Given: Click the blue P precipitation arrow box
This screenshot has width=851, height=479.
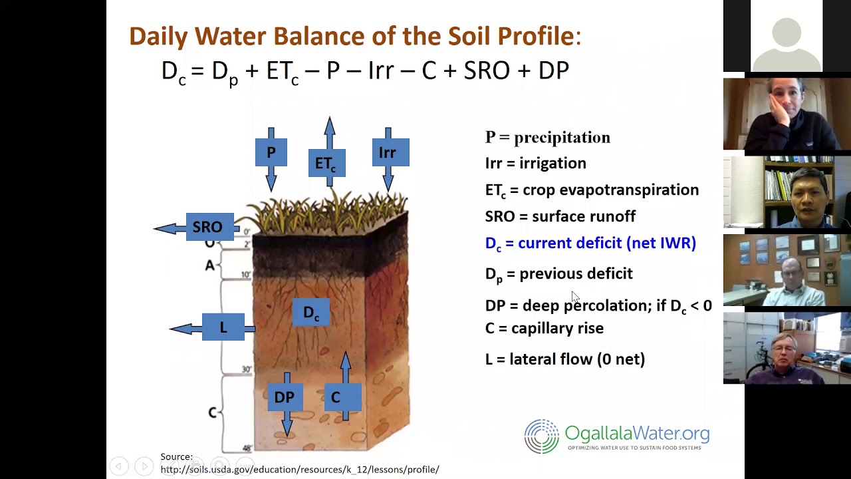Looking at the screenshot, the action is click(x=271, y=153).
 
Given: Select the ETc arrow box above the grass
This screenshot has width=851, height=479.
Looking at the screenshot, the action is click(x=326, y=164).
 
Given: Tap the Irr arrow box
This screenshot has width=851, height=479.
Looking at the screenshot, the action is click(x=388, y=153).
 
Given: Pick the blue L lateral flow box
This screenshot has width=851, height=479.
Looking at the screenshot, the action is click(x=223, y=327).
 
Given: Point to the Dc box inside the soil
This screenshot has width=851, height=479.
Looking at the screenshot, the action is click(x=311, y=313).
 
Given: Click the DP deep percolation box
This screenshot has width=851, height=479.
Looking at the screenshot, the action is click(x=285, y=397).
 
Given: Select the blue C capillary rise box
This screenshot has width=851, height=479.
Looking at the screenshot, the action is click(x=336, y=397).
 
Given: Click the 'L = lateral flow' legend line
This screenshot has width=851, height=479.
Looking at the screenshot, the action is click(x=564, y=359).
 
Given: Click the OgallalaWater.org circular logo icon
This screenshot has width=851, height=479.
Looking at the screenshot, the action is click(x=541, y=436).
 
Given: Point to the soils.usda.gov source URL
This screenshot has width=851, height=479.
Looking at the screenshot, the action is click(x=299, y=470).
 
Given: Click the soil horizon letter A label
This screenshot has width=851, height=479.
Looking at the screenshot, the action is click(x=210, y=265).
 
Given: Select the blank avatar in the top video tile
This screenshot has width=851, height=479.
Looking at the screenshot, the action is click(x=787, y=36).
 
